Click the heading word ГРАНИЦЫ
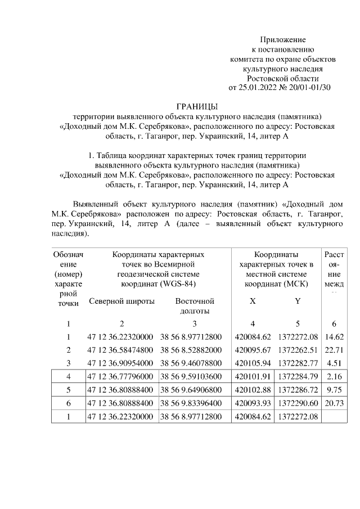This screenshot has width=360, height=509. [197, 106]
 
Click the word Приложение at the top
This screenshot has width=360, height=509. [282, 39]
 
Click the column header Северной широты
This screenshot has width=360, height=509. [122, 301]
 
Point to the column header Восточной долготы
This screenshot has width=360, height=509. [195, 306]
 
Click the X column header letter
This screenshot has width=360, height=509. [253, 301]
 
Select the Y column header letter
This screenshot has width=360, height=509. [298, 301]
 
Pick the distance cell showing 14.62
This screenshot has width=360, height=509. [335, 337]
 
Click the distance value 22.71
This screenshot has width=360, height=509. [335, 350]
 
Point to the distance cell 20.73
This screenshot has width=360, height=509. [335, 403]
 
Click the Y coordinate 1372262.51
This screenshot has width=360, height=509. [298, 350]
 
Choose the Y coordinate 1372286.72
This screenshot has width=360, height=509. [298, 390]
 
